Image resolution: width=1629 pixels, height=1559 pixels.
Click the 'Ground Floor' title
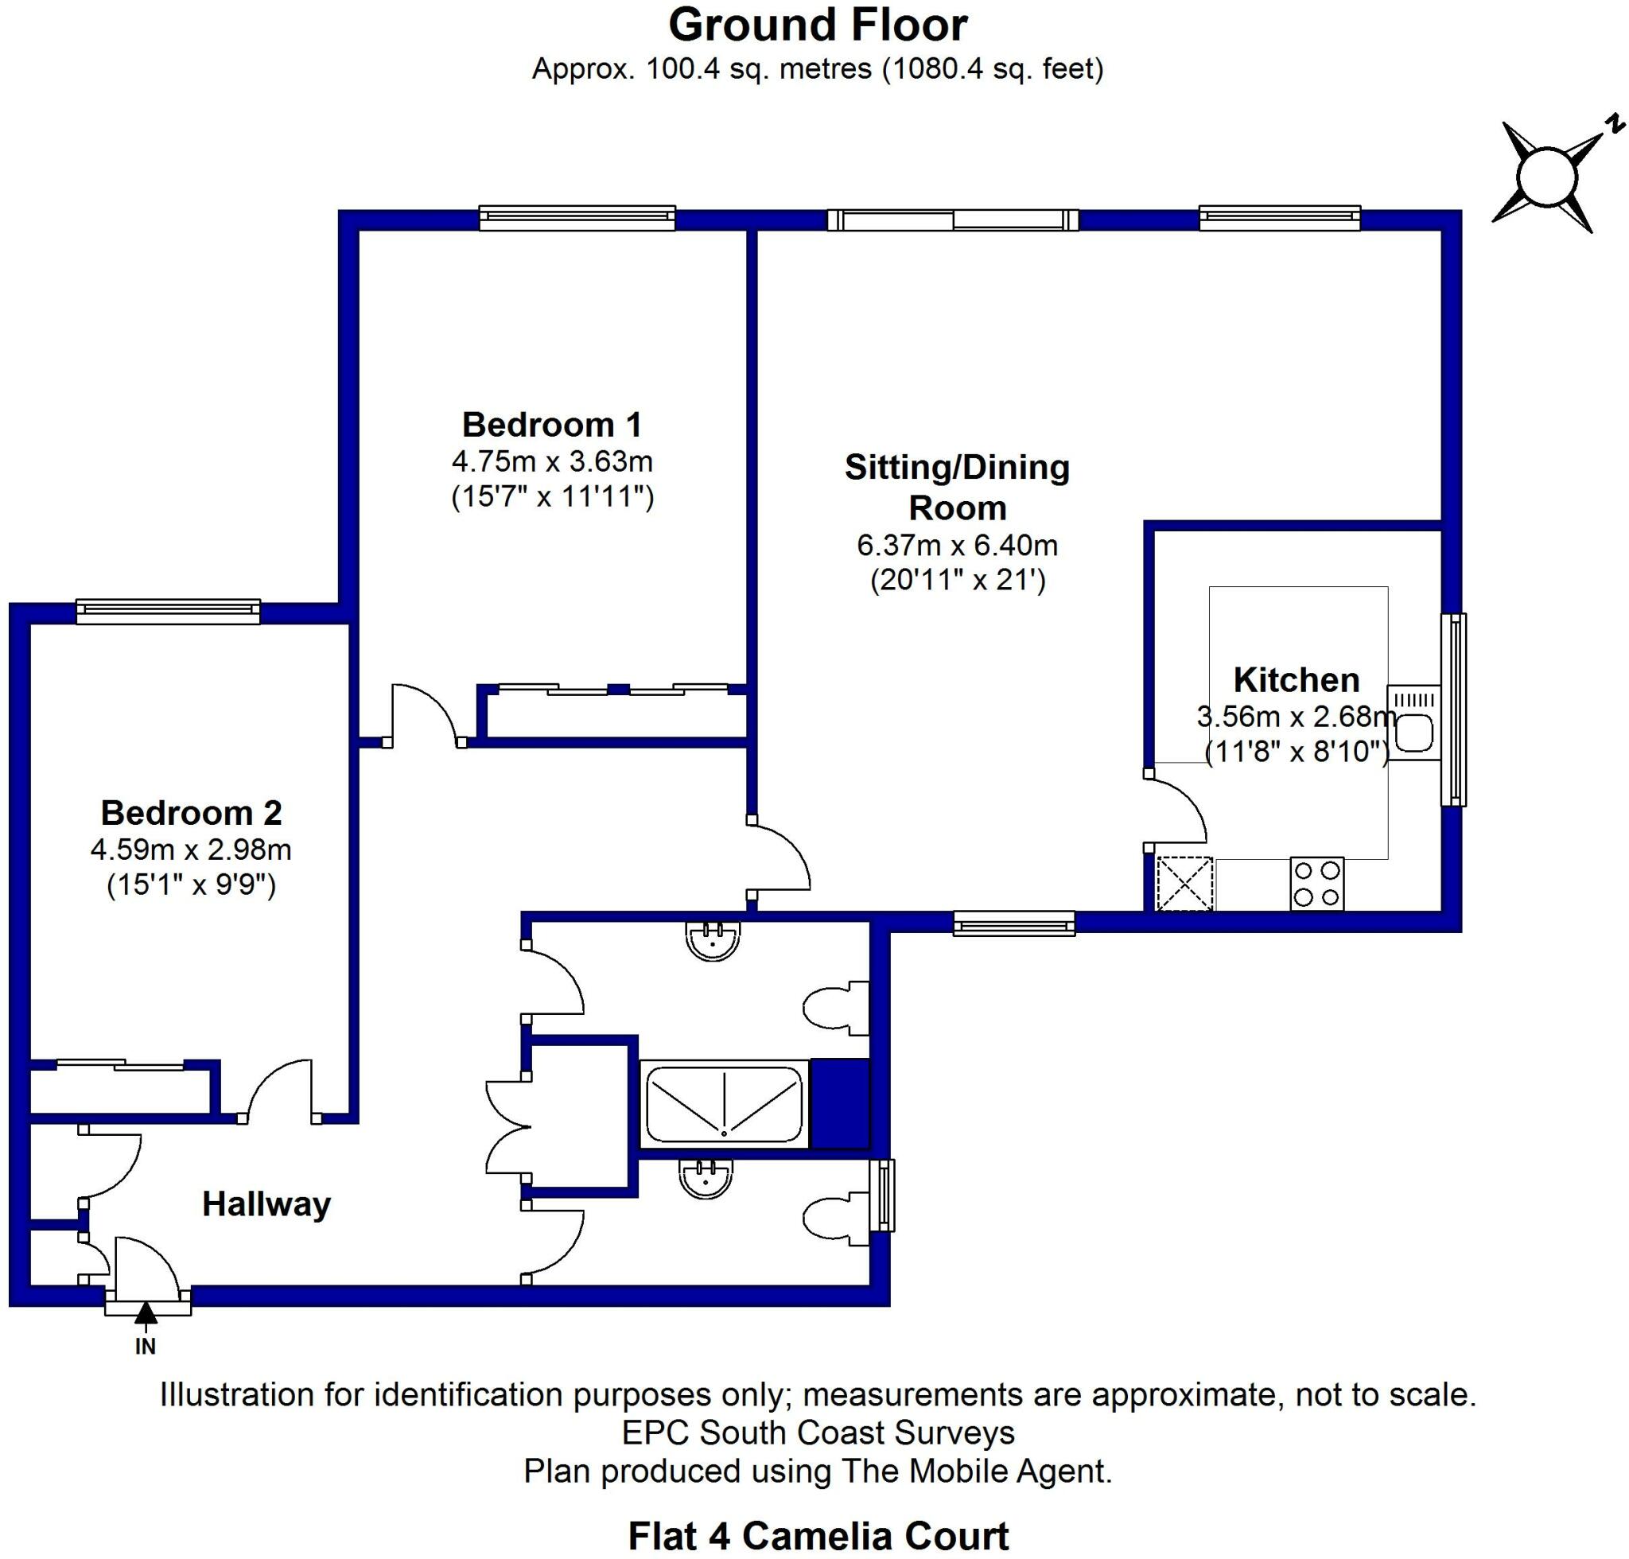click(x=818, y=25)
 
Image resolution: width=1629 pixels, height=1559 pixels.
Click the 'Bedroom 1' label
click(x=552, y=425)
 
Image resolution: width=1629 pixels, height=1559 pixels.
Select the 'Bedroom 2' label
click(x=191, y=813)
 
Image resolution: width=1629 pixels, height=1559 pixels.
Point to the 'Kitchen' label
click(x=1296, y=680)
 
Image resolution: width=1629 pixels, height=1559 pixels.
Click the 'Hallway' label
click(x=266, y=1204)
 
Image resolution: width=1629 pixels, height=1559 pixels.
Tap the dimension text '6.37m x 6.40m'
click(x=957, y=545)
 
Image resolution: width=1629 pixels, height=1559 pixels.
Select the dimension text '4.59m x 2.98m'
click(x=191, y=849)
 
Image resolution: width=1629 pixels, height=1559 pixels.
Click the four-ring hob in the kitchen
click(x=1316, y=884)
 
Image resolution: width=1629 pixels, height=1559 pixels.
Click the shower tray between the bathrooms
click(x=724, y=1105)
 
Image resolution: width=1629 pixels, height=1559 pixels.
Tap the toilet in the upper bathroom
click(x=834, y=1008)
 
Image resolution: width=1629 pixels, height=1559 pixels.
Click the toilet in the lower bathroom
click(x=834, y=1220)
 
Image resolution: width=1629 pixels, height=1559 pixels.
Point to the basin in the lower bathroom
click(x=706, y=1178)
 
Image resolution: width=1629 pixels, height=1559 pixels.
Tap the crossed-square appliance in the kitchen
click(x=1184, y=884)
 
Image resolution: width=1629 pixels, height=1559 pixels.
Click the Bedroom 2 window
click(x=168, y=612)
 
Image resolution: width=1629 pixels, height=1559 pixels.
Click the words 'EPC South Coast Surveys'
click(x=818, y=1433)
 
